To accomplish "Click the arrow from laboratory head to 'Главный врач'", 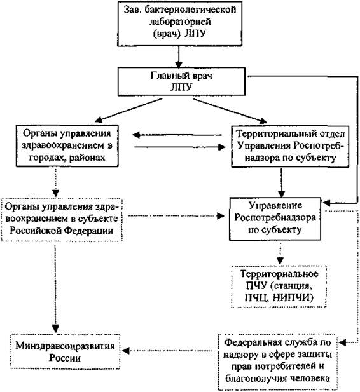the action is (179, 57).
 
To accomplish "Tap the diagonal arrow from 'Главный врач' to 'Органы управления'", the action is (129, 111).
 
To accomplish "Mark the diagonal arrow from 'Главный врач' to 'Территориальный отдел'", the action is (230, 111).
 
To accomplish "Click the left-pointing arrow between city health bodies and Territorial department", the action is (177, 135).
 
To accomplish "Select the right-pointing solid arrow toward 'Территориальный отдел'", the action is (180, 147).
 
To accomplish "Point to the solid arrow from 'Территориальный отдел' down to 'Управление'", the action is (281, 183).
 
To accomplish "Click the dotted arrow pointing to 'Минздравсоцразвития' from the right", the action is (167, 351).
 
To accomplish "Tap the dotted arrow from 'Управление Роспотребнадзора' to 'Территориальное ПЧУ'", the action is (280, 253).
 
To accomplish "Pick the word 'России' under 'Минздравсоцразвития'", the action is (65, 358).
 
